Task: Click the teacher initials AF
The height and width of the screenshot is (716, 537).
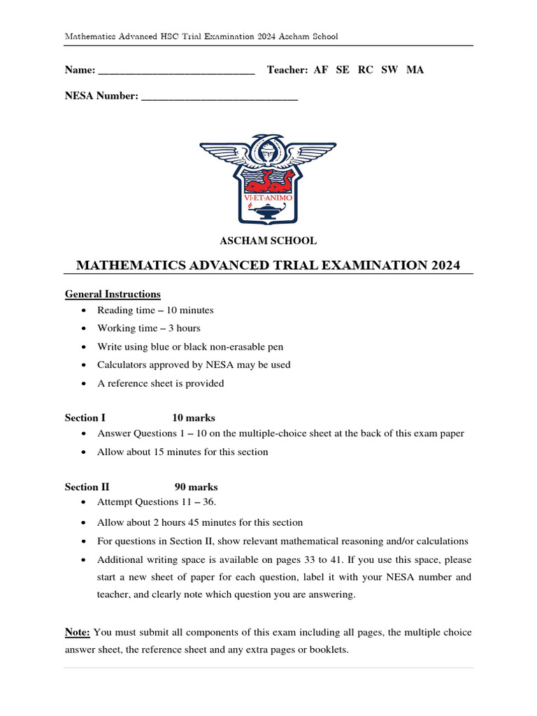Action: pyautogui.click(x=321, y=70)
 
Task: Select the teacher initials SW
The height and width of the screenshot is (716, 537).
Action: pyautogui.click(x=389, y=70)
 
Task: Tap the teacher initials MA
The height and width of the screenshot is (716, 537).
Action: pyautogui.click(x=415, y=70)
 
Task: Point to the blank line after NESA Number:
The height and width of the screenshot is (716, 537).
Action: pyautogui.click(x=220, y=97)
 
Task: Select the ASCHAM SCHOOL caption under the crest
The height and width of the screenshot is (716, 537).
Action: pyautogui.click(x=268, y=241)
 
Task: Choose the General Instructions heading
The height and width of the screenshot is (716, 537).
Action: pyautogui.click(x=113, y=294)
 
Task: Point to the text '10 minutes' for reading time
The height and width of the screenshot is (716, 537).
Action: pyautogui.click(x=190, y=310)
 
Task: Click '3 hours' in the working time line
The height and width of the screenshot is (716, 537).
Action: pyautogui.click(x=184, y=328)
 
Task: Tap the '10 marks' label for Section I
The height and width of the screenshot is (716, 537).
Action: pyautogui.click(x=194, y=417)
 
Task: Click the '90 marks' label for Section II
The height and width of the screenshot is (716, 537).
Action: pyautogui.click(x=196, y=487)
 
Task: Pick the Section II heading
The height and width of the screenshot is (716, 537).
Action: pyautogui.click(x=87, y=487)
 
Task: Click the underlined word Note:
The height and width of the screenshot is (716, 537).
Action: pyautogui.click(x=78, y=632)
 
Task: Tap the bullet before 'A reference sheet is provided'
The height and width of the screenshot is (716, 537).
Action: pyautogui.click(x=85, y=384)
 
